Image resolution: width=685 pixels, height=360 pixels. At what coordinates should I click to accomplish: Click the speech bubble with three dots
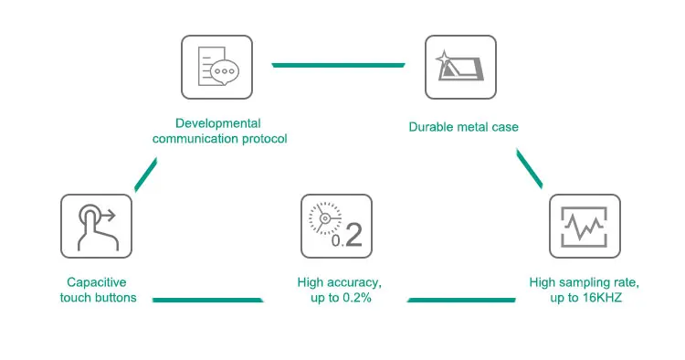(225, 71)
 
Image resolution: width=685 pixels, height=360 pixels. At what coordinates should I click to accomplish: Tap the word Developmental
(218, 123)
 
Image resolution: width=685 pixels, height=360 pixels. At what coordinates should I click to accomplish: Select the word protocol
(265, 139)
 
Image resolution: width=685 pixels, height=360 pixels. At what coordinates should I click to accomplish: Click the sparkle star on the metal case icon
(443, 58)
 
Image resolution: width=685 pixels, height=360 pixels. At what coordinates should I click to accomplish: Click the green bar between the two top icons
(338, 65)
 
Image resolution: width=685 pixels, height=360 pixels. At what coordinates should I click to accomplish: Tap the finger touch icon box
(96, 226)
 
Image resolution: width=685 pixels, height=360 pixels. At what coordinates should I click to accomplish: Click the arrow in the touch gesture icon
(108, 215)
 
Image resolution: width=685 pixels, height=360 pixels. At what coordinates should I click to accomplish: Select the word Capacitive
(97, 282)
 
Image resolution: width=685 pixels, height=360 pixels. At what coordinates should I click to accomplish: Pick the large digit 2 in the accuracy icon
(353, 235)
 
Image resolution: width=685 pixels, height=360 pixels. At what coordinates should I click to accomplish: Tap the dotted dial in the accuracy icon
(324, 218)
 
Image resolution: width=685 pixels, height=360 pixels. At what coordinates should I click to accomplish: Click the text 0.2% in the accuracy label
(357, 298)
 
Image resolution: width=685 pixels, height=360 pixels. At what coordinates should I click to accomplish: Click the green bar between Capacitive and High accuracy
(207, 300)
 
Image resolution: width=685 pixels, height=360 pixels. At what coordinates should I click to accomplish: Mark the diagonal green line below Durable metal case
(530, 169)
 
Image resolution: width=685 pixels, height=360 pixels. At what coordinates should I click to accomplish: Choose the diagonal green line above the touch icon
(145, 175)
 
